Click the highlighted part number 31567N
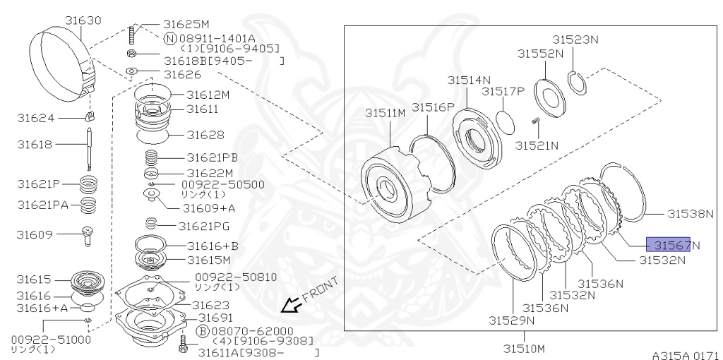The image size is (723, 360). point(671,245)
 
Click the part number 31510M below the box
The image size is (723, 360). point(524,348)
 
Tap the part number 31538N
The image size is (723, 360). point(691,212)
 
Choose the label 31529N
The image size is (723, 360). point(512,320)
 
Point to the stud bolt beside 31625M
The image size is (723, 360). point(131,33)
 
